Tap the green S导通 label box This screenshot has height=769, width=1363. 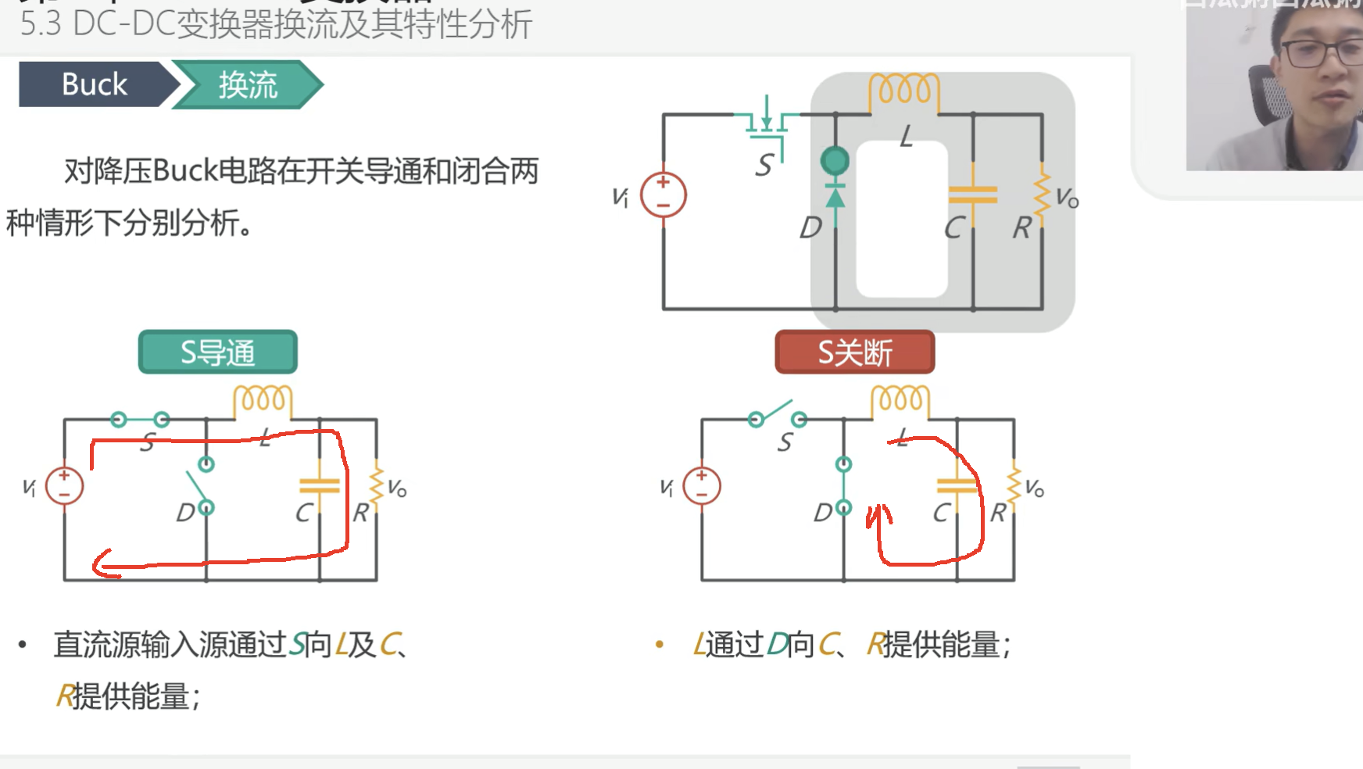pyautogui.click(x=217, y=352)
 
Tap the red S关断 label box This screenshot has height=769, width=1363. pyautogui.click(x=854, y=352)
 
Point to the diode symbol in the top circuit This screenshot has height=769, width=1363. pyautogui.click(x=835, y=195)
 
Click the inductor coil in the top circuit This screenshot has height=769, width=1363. pyautogui.click(x=904, y=90)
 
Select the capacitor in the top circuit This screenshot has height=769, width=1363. pyautogui.click(x=972, y=194)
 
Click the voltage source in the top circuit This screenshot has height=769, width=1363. pyautogui.click(x=663, y=195)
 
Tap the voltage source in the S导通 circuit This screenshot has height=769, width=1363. pyautogui.click(x=64, y=485)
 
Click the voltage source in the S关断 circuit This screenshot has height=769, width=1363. pyautogui.click(x=701, y=485)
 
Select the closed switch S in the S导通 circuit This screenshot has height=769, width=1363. pyautogui.click(x=140, y=420)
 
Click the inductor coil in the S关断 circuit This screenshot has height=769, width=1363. pyautogui.click(x=900, y=400)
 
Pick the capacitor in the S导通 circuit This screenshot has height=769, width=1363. pyautogui.click(x=319, y=486)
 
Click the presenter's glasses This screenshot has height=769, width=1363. pyautogui.click(x=1321, y=53)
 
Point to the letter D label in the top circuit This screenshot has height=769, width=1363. pyautogui.click(x=810, y=227)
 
